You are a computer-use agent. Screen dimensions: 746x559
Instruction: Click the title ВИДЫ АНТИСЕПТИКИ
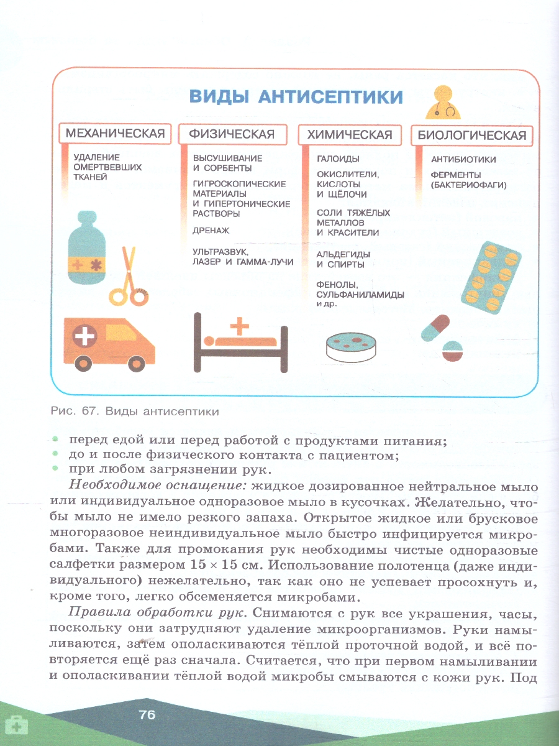(x=296, y=98)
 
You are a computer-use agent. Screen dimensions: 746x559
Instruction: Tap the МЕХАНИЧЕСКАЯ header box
(x=115, y=134)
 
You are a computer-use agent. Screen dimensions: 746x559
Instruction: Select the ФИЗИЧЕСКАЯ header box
(x=232, y=134)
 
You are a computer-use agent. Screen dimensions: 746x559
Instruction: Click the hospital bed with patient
(x=240, y=341)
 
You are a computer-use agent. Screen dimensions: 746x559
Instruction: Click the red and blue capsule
(x=434, y=328)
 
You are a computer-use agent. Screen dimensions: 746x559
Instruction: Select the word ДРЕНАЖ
(x=211, y=230)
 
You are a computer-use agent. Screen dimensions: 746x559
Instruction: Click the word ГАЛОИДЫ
(x=339, y=159)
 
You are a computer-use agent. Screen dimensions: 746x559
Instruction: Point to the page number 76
(x=147, y=715)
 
